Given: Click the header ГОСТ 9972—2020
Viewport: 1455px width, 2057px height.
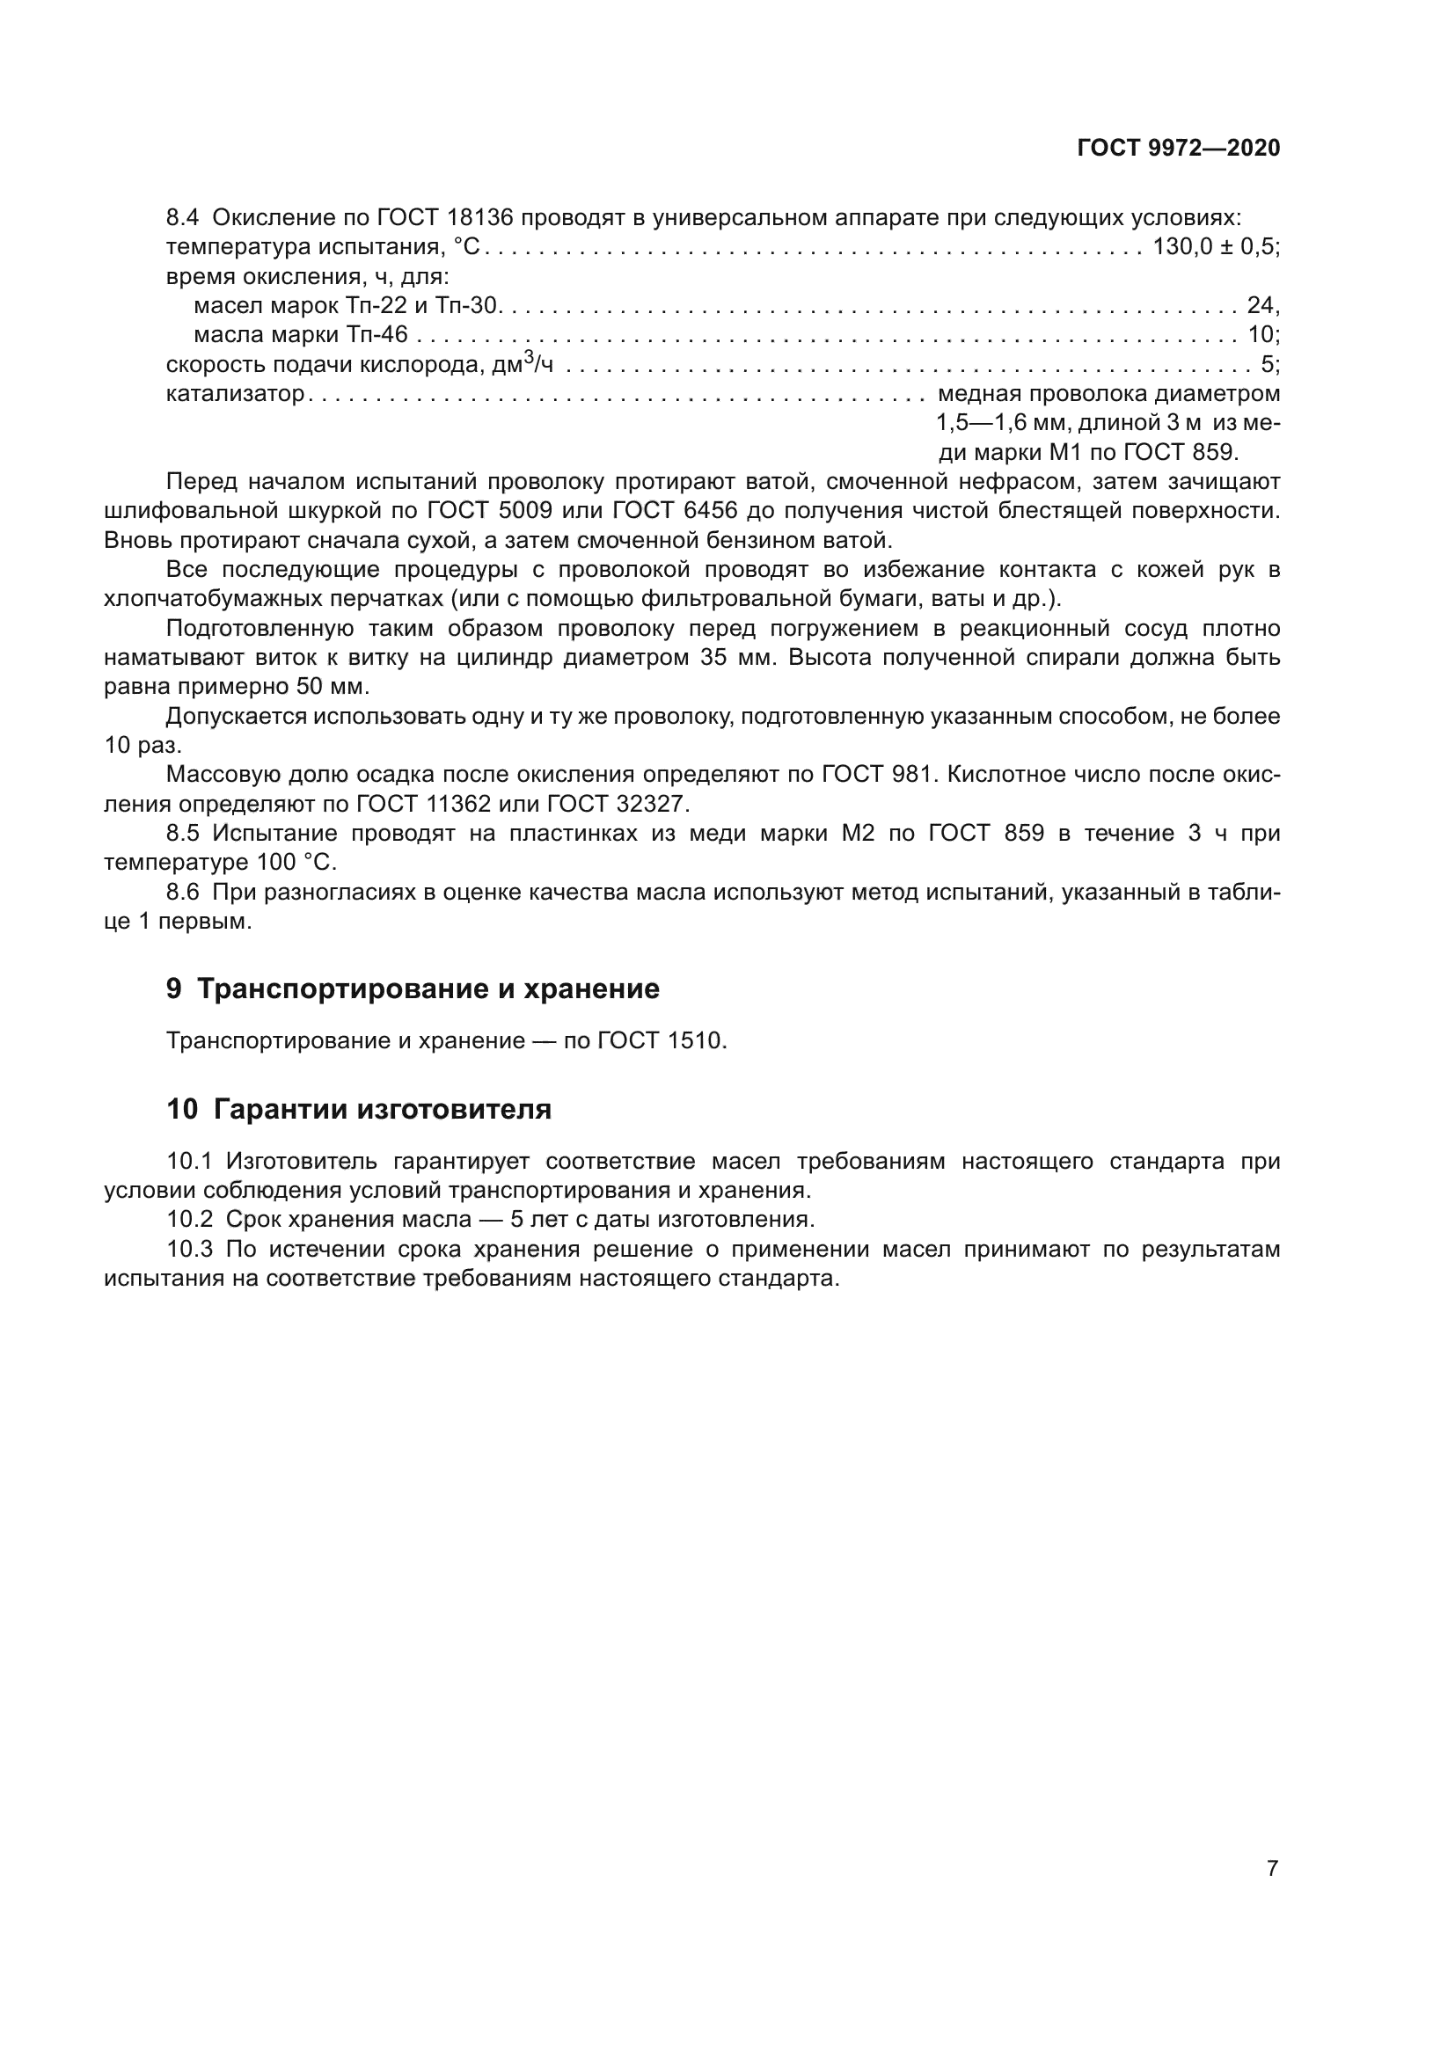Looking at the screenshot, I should tap(1178, 149).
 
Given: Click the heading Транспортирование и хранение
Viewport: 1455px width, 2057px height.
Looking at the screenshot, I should tap(428, 988).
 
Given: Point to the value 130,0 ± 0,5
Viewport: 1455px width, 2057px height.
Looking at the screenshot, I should tap(1214, 247).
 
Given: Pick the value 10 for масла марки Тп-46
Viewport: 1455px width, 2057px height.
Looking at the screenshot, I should tap(1261, 335).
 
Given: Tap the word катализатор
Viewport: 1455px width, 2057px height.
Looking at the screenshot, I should tap(235, 394).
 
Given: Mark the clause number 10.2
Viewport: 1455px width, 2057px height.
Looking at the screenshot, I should tap(189, 1219).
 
